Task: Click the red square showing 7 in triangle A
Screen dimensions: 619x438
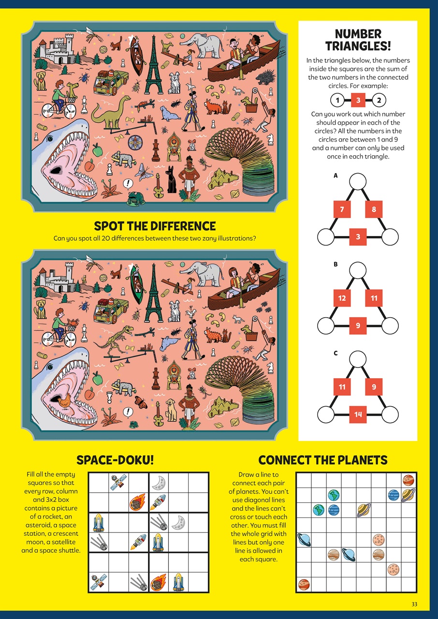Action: pos(342,210)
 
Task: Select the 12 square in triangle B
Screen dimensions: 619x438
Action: pos(342,298)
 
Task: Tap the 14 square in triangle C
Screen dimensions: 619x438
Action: pos(358,413)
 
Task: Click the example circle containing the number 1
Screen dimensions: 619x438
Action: pos(337,101)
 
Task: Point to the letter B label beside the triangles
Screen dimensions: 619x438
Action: pos(336,265)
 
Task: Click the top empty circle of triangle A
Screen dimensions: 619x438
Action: pos(358,182)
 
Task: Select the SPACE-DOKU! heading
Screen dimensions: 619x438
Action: pos(115,460)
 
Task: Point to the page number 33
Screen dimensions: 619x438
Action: pos(414,604)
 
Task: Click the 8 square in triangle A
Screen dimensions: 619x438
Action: pos(374,210)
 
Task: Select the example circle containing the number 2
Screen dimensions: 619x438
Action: pos(379,101)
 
